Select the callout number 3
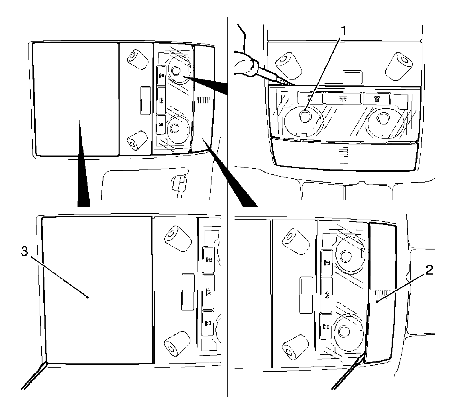(25, 252)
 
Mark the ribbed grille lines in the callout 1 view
(344, 156)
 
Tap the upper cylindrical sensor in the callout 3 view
(177, 238)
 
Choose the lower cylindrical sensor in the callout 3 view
(177, 344)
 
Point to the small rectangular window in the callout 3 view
(188, 292)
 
